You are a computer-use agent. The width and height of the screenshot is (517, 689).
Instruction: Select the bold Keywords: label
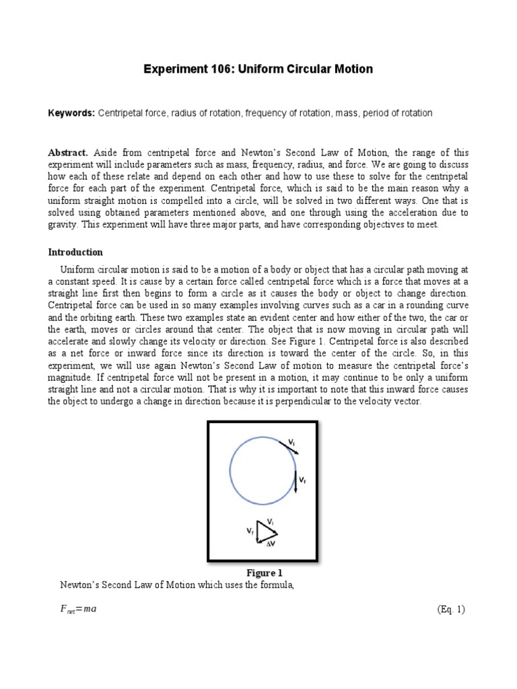click(x=71, y=113)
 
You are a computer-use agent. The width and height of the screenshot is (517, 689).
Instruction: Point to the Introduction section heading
click(x=75, y=252)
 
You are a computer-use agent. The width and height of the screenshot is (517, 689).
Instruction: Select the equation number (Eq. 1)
click(x=450, y=609)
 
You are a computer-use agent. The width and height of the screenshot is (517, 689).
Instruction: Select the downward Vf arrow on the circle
click(x=296, y=482)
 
